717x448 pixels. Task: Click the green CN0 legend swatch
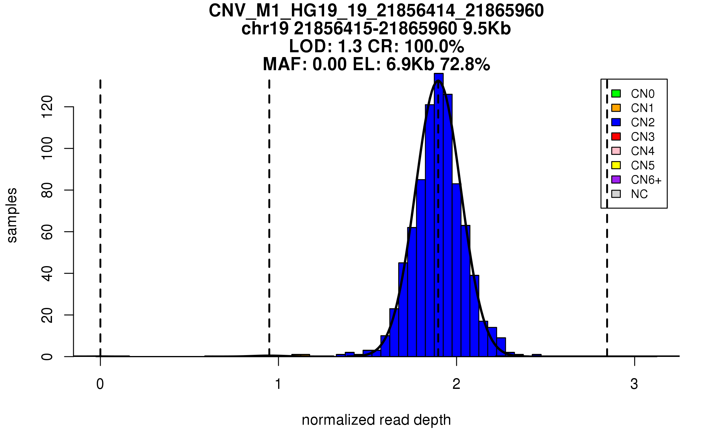coord(616,93)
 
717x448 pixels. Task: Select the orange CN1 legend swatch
coord(616,108)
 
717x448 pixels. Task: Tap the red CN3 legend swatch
coord(616,136)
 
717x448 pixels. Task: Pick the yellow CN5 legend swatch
coord(616,165)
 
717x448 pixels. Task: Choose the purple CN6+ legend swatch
coord(616,179)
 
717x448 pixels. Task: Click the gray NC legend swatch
coord(616,194)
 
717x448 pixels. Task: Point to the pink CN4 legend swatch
coord(616,151)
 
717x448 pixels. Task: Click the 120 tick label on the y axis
coord(47,107)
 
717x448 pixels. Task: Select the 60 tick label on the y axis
coord(47,232)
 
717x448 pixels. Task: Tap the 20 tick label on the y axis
coord(47,315)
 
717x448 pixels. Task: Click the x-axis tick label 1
coord(278,384)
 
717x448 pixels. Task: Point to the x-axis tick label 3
coord(634,384)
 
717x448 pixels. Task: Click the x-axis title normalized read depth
coord(376,420)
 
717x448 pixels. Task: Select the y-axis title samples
coord(12,215)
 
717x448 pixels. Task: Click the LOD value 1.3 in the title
coord(350,47)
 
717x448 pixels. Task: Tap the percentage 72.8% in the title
coord(465,65)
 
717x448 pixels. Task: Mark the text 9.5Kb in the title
coord(487,29)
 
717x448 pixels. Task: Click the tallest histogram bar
coord(439,215)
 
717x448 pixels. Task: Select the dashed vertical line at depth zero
coord(100,209)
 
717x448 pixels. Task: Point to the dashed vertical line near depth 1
coord(269,209)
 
